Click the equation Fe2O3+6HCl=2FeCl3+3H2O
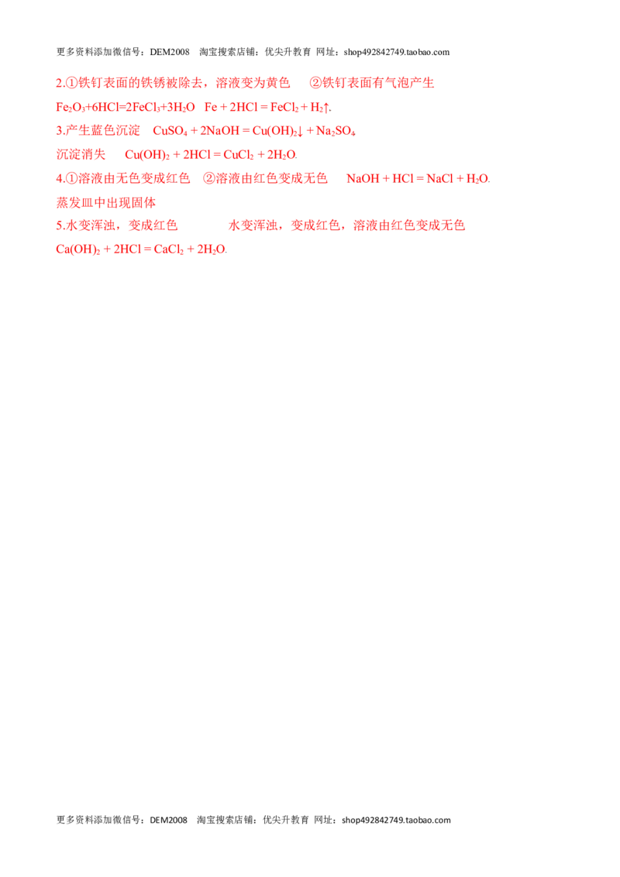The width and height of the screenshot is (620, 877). (x=126, y=108)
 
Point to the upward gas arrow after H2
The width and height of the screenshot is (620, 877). (x=326, y=108)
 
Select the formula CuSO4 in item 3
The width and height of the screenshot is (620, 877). (x=170, y=132)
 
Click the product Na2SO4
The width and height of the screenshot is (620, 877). (x=336, y=132)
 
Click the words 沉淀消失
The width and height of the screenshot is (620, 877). (x=81, y=154)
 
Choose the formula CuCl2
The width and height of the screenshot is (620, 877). (x=239, y=155)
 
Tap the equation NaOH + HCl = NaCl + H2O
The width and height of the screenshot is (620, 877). (x=418, y=179)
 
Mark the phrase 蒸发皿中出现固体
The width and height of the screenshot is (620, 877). (x=105, y=202)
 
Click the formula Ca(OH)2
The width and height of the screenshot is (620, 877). (x=77, y=249)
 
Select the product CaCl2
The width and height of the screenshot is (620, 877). (x=168, y=249)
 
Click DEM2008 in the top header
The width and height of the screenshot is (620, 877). (x=170, y=52)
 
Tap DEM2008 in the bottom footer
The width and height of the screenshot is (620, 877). (x=168, y=820)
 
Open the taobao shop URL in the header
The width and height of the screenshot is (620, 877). (x=397, y=52)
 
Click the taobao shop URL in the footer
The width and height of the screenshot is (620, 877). (x=396, y=820)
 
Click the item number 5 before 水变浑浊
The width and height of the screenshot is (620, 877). (x=60, y=225)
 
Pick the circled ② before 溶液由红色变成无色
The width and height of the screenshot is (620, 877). (x=208, y=178)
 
